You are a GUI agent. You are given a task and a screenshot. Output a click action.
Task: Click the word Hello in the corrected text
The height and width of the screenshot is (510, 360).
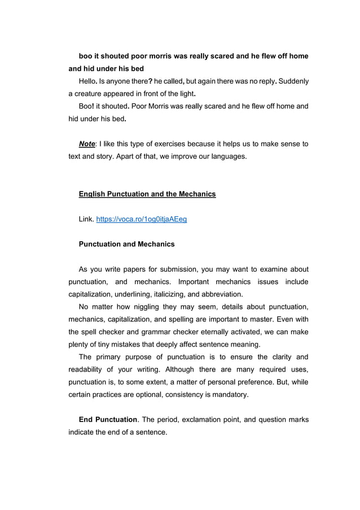[89, 81]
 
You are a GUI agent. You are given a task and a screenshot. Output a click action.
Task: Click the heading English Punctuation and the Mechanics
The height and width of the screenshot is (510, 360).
[147, 194]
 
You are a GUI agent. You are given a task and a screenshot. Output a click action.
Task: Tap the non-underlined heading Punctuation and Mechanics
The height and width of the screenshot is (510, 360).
[126, 244]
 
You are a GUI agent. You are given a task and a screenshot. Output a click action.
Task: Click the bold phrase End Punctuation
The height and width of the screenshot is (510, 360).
[108, 420]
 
